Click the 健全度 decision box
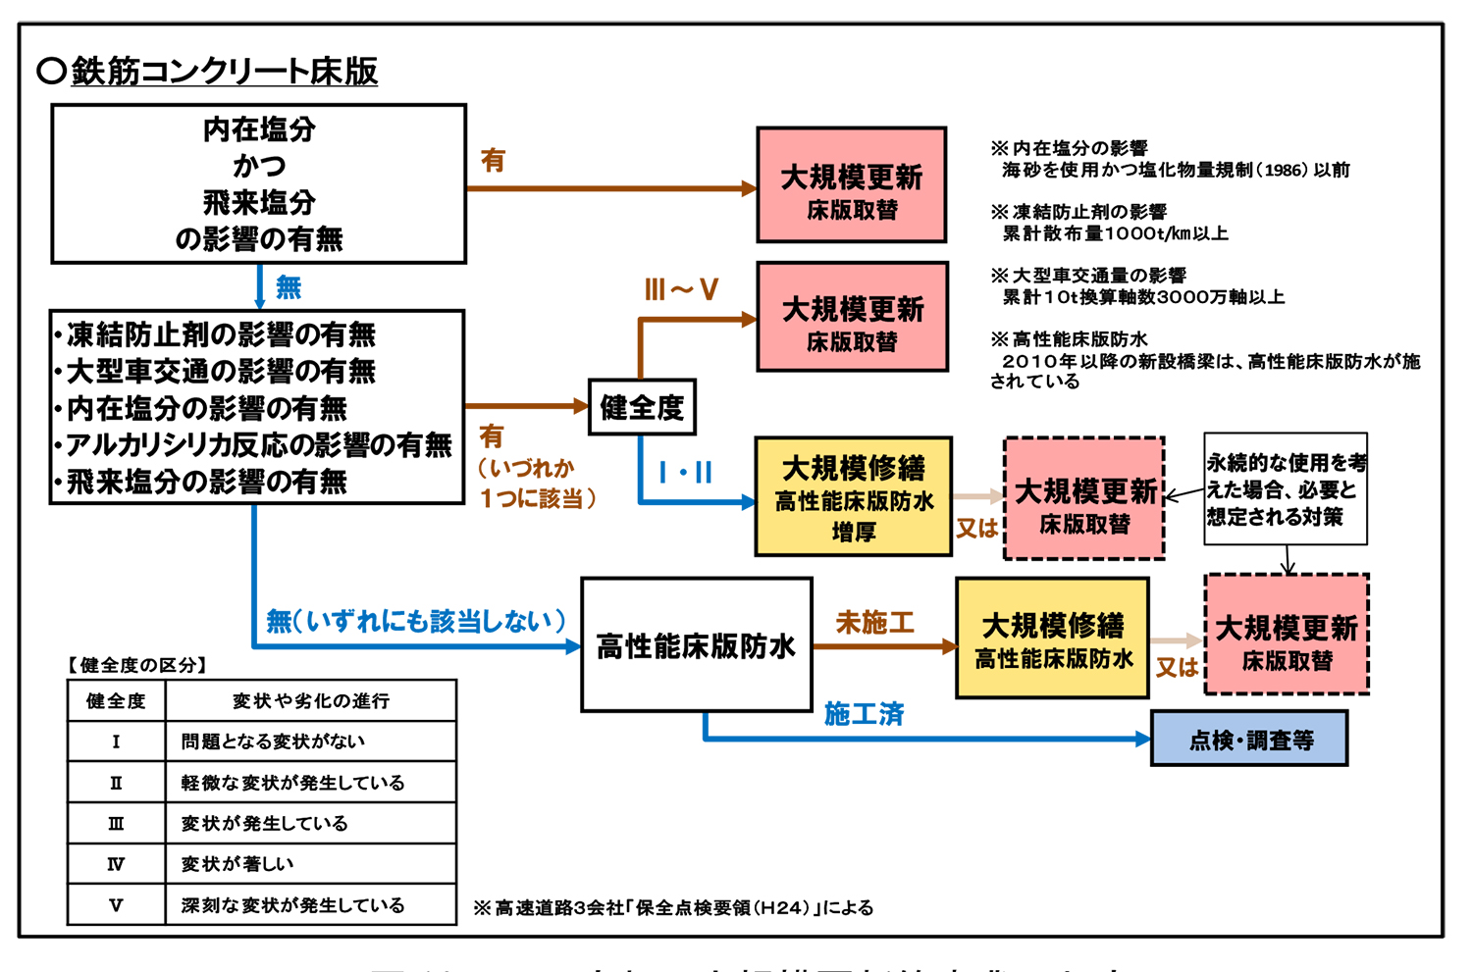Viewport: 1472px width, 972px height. tap(642, 407)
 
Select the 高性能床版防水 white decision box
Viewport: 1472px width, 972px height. tap(696, 645)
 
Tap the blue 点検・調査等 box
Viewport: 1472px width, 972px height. tap(1248, 740)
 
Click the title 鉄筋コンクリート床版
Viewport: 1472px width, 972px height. tap(224, 72)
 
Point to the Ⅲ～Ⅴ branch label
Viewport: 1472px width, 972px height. tap(681, 289)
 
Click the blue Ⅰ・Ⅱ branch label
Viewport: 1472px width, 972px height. tap(685, 473)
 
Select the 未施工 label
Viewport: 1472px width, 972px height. tap(874, 622)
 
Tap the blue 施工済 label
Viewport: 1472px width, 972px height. tap(864, 714)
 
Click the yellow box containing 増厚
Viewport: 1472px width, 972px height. tap(853, 497)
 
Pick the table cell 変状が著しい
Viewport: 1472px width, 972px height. tap(237, 864)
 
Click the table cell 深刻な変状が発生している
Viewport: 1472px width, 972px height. tap(292, 905)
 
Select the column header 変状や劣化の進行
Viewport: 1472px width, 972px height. tap(310, 700)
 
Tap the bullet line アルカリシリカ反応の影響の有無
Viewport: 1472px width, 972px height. tap(257, 445)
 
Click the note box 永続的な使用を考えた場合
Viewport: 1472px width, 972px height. tap(1286, 488)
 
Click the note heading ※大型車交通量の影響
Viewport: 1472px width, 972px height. tap(1088, 276)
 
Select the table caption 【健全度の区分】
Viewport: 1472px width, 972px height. tap(136, 665)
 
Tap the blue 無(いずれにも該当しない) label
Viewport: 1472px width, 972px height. tap(416, 621)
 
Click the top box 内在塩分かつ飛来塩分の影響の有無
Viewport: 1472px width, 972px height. tap(258, 184)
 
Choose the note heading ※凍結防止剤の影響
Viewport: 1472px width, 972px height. tap(1078, 212)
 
